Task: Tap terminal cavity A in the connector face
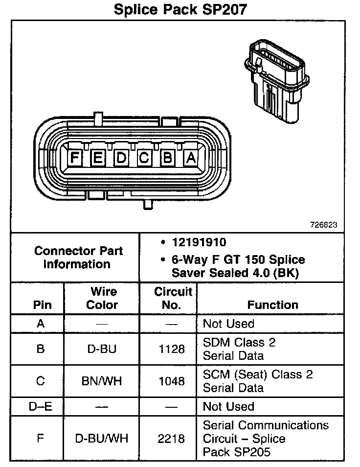(190, 158)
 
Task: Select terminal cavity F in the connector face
(74, 158)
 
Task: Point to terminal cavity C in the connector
(144, 158)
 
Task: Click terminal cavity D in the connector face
(121, 158)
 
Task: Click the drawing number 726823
(324, 226)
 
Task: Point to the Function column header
(272, 304)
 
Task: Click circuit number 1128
(172, 349)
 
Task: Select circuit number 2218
(172, 438)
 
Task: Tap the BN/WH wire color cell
(102, 381)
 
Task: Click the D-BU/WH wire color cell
(102, 438)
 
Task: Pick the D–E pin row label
(41, 406)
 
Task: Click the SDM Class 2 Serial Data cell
(239, 349)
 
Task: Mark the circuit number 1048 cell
(172, 381)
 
